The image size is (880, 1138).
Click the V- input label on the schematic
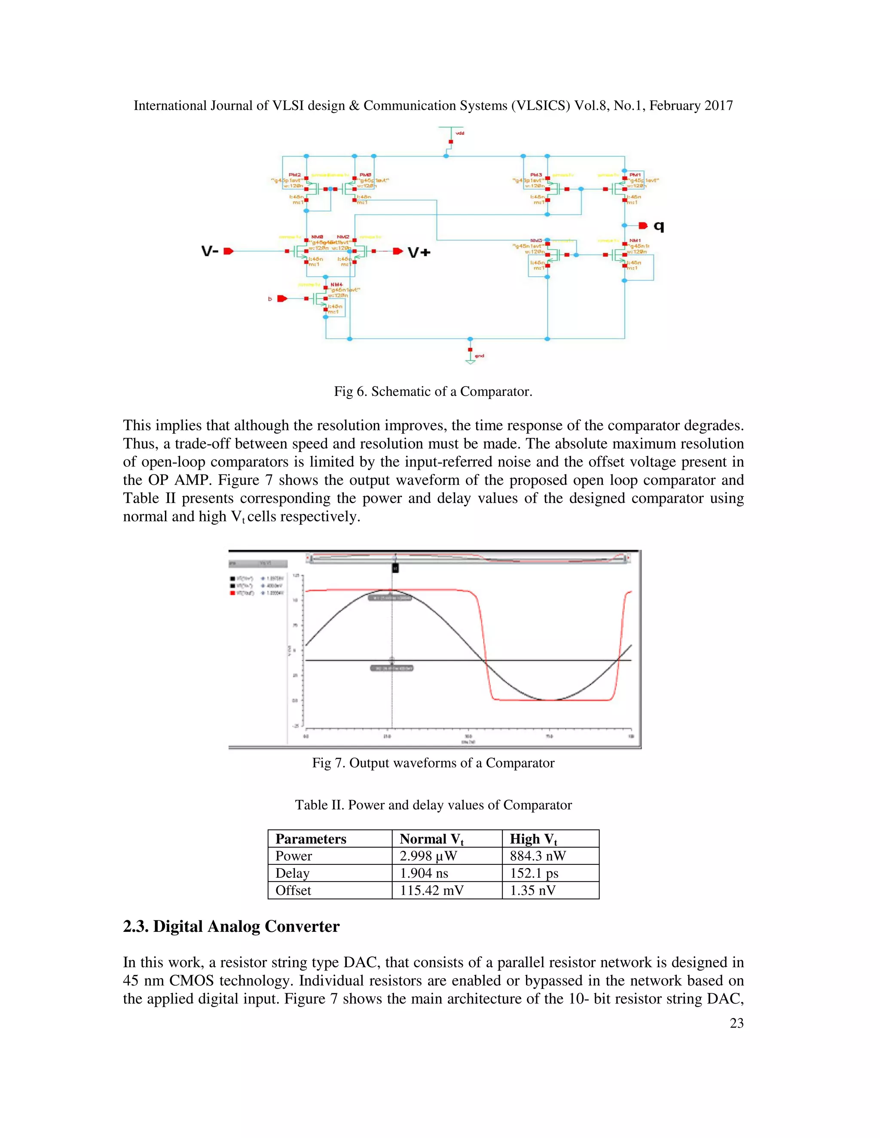210,251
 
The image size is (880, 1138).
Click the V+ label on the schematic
419,253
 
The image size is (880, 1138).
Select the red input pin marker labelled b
282,298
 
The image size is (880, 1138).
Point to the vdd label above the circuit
459,134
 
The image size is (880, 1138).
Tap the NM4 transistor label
336,284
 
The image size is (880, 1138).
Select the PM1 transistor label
635,174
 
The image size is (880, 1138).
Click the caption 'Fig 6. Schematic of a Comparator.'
433,392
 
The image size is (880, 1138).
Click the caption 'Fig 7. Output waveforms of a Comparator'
433,763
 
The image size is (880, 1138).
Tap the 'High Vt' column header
533,839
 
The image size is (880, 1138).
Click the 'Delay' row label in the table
293,873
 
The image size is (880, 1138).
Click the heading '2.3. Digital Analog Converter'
231,926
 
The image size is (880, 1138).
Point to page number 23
736,1023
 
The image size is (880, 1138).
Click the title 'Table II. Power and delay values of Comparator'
433,805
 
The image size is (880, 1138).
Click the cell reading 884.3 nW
538,856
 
